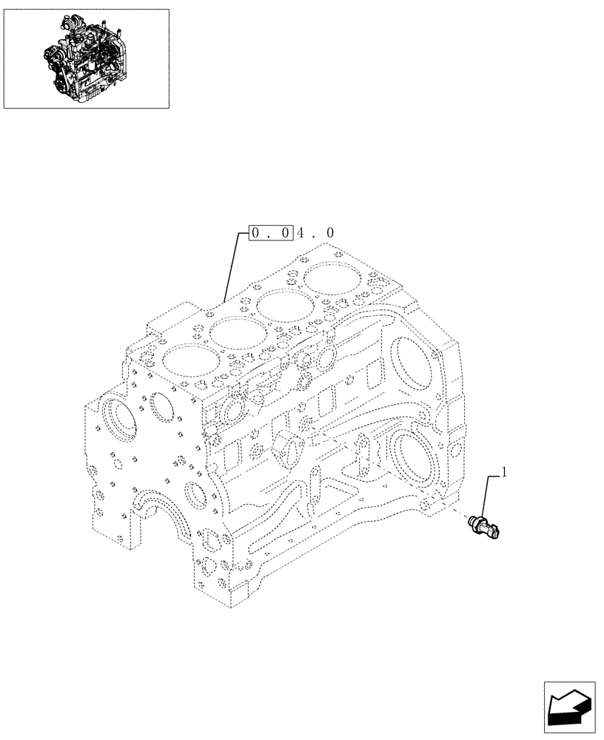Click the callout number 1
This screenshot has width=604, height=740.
(x=504, y=471)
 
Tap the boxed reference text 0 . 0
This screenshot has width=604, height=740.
(x=271, y=233)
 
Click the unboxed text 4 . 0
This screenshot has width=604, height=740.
(x=316, y=233)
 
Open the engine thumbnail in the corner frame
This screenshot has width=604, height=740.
(x=85, y=58)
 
